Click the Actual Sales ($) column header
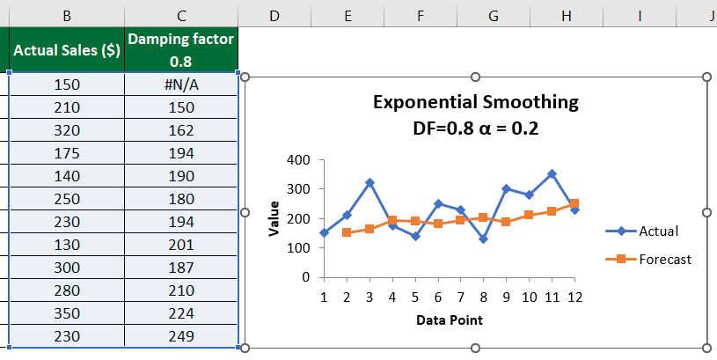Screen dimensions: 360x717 pyautogui.click(x=67, y=51)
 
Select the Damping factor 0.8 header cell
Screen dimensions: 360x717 pyautogui.click(x=181, y=50)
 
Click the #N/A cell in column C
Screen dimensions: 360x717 pyautogui.click(x=181, y=84)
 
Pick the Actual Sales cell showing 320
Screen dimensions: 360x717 pyautogui.click(x=67, y=130)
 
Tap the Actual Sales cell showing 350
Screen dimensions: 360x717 pyautogui.click(x=67, y=313)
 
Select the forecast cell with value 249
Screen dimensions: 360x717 pyautogui.click(x=181, y=336)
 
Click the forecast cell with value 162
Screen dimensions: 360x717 pyautogui.click(x=181, y=130)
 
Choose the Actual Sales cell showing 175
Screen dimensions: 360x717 pyautogui.click(x=67, y=153)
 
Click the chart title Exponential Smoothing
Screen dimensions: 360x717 pyautogui.click(x=476, y=102)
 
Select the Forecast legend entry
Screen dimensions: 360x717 pyautogui.click(x=665, y=259)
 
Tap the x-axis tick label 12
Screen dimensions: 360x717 pyautogui.click(x=574, y=297)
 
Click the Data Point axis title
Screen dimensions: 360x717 pyautogui.click(x=449, y=320)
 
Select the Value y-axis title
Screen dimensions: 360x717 pyautogui.click(x=274, y=217)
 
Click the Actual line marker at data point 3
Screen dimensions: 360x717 pyautogui.click(x=369, y=183)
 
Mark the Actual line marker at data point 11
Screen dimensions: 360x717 pyautogui.click(x=551, y=174)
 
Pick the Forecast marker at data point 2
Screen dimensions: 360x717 pyautogui.click(x=347, y=232)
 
